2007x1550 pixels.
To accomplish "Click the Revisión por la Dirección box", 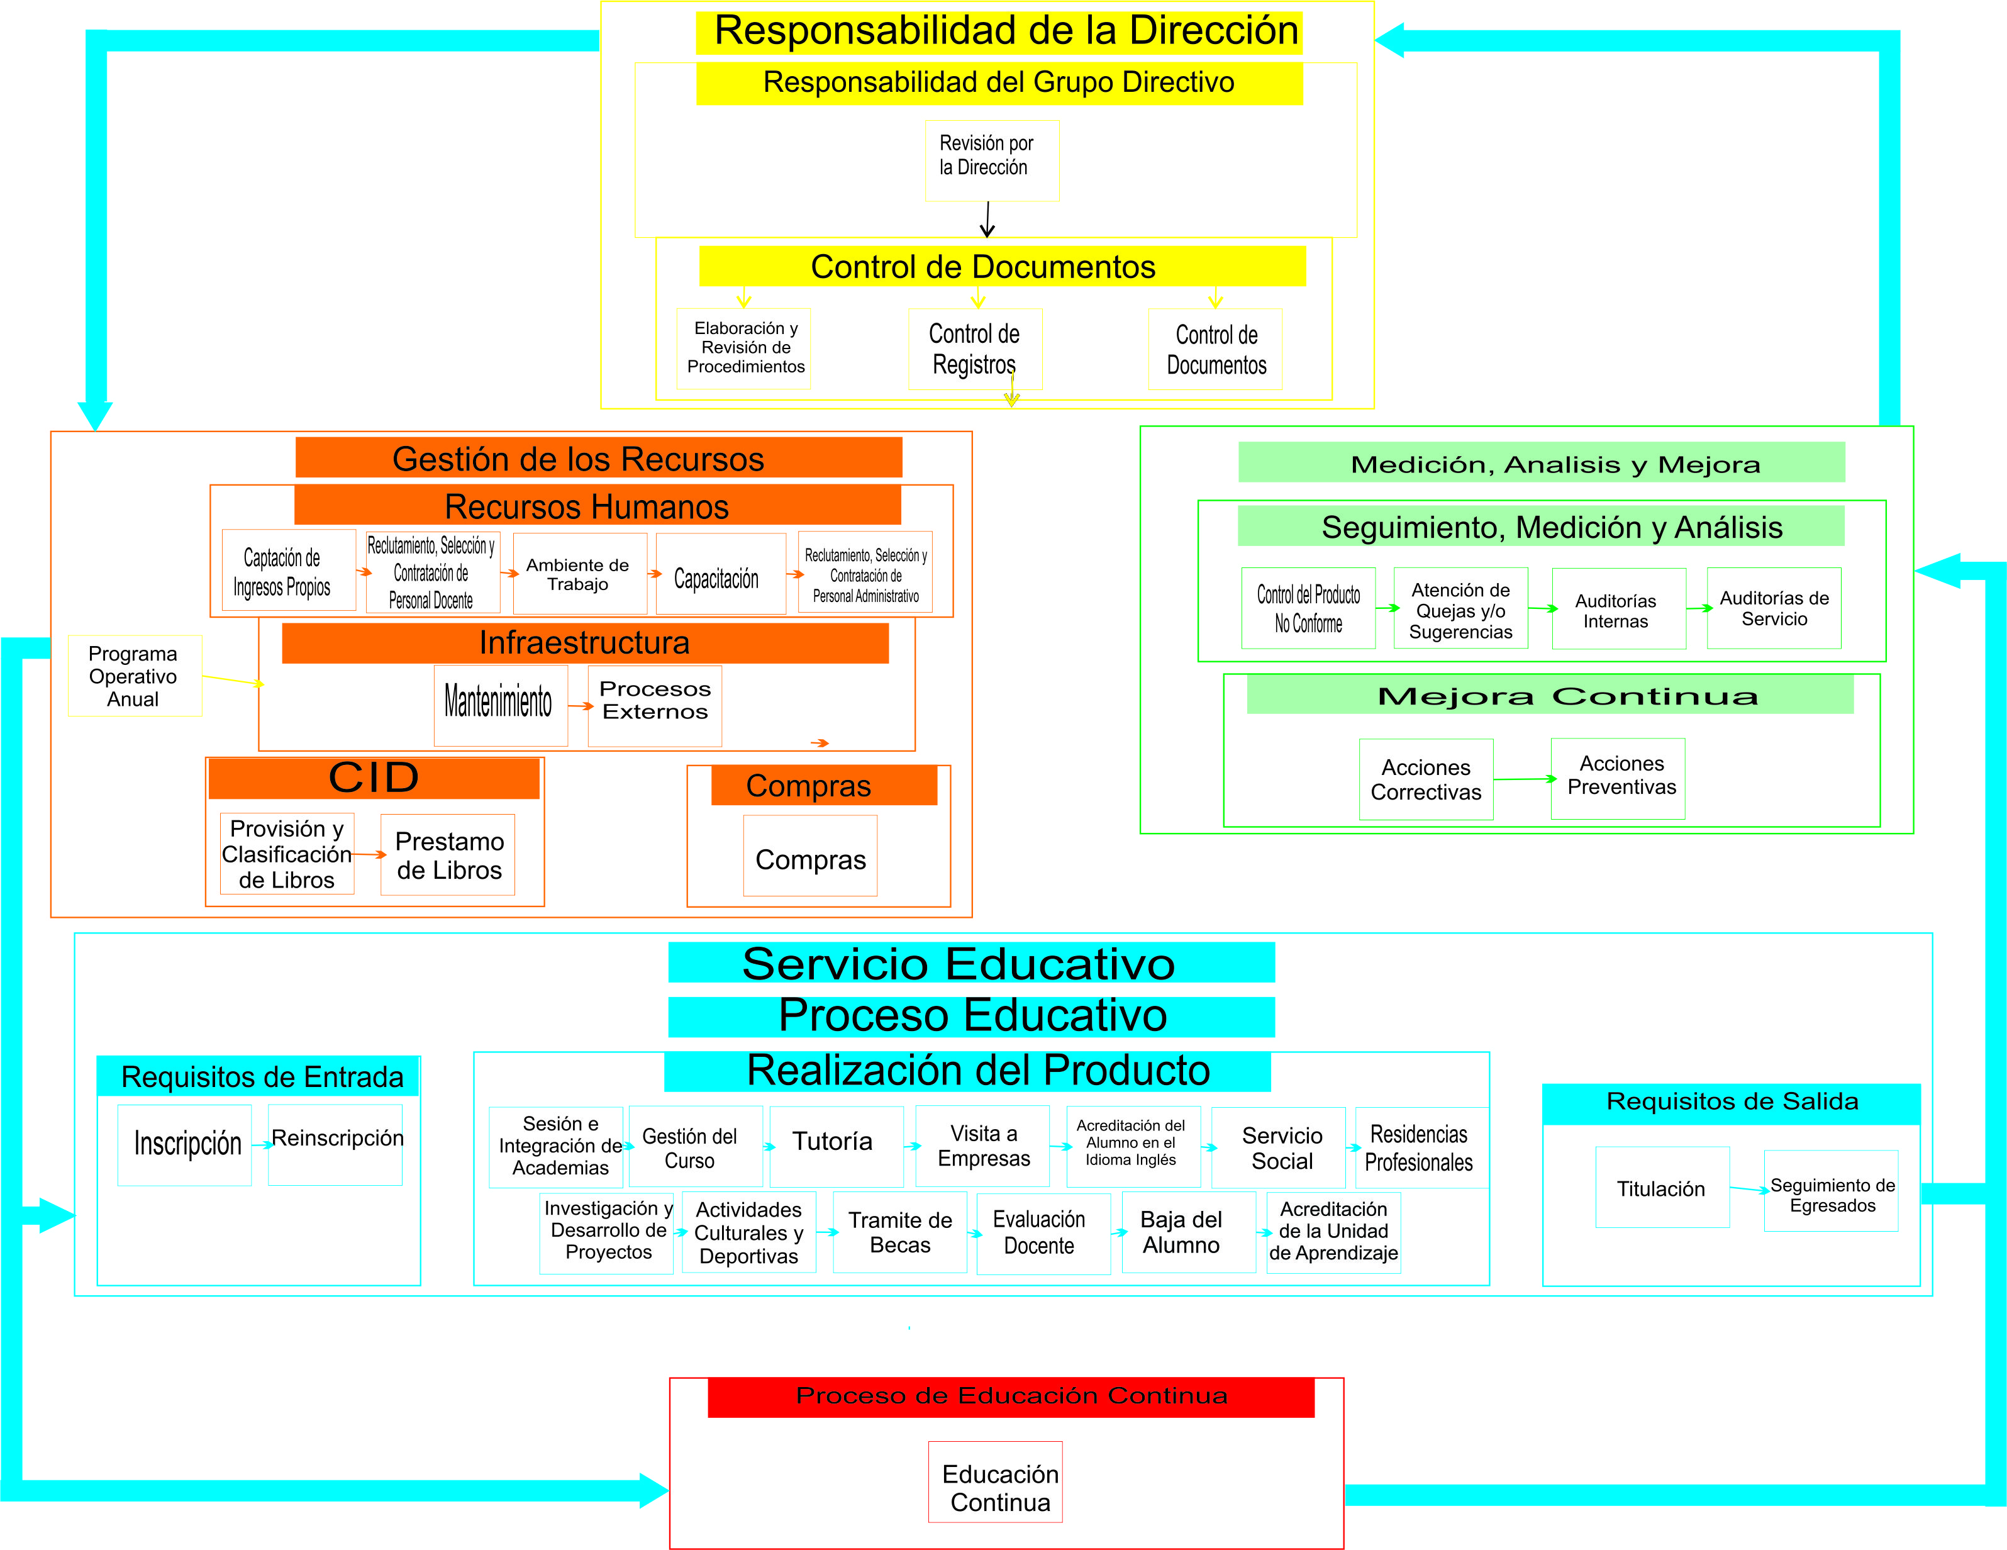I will coord(992,160).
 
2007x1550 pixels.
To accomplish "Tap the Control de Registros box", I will coord(974,349).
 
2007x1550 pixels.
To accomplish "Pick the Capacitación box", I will coord(720,574).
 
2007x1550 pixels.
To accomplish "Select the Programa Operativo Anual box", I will coord(134,676).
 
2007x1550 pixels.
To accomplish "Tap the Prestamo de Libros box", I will coord(448,855).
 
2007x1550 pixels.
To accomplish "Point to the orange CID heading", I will coord(373,778).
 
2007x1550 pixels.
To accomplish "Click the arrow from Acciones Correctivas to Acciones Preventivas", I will coord(1522,779).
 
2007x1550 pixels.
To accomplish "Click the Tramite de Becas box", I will coord(899,1232).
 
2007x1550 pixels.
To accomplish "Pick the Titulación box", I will coord(1662,1187).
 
